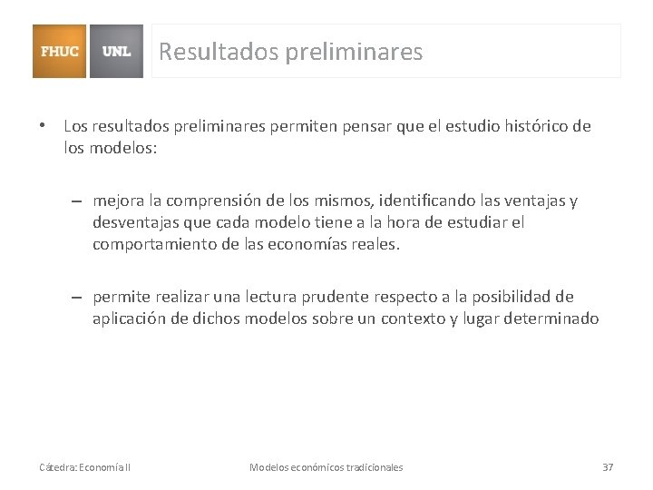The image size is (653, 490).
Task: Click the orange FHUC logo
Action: (60, 51)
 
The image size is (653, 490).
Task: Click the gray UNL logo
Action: (116, 51)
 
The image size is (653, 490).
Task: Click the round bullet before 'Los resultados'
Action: (42, 126)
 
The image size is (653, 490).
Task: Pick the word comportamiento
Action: (154, 244)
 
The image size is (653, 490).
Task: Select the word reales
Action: (372, 244)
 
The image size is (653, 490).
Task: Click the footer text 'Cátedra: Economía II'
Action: (84, 467)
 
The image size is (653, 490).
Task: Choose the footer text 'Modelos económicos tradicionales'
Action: (326, 467)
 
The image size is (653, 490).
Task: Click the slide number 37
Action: (608, 467)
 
